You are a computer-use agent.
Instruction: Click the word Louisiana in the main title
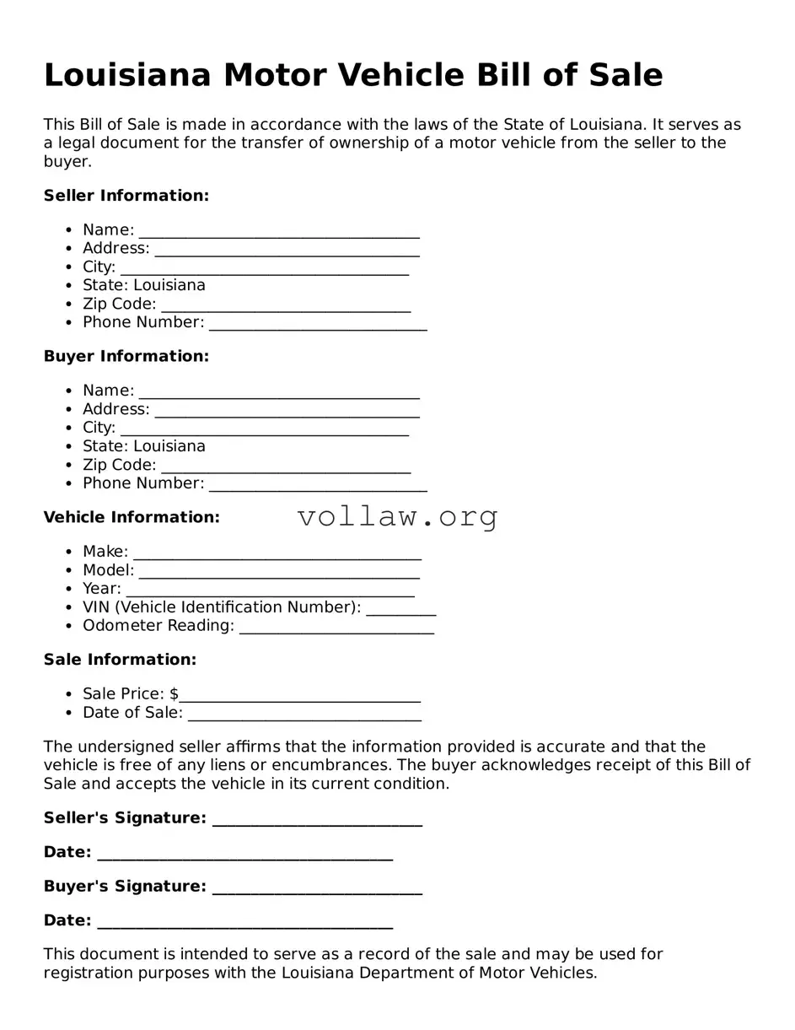tap(126, 75)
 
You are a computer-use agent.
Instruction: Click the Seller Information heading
tap(126, 196)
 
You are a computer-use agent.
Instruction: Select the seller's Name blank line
tap(279, 231)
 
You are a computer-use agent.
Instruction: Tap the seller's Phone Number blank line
tap(318, 324)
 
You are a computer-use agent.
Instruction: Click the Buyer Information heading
tap(126, 356)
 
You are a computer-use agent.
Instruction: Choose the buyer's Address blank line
tap(287, 410)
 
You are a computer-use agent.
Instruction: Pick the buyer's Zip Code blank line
tap(286, 466)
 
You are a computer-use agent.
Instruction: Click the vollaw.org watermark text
tap(397, 516)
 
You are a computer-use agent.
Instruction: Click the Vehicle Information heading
tap(132, 517)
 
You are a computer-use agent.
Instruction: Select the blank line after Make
tap(277, 553)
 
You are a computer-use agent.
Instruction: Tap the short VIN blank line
tap(401, 608)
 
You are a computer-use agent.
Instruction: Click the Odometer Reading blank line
tap(336, 627)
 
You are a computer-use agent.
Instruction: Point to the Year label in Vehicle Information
tap(101, 589)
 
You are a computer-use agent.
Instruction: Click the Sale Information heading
tap(120, 660)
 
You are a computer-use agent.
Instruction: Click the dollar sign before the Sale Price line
tap(174, 694)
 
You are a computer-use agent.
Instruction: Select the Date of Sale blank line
tap(304, 714)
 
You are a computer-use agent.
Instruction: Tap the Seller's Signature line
tap(317, 819)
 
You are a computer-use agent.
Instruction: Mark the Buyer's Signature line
tap(317, 887)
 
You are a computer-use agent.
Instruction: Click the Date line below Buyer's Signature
tap(244, 922)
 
